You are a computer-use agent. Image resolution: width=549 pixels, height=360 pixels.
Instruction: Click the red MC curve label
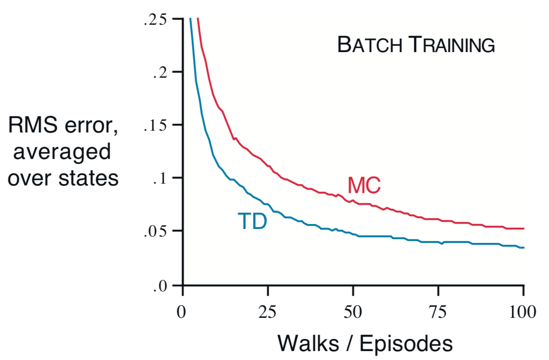[364, 185]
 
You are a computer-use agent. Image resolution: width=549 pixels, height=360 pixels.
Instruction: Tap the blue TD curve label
[252, 221]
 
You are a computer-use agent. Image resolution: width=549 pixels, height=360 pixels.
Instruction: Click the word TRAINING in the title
[452, 45]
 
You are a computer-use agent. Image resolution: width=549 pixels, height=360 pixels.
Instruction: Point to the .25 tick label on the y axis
[155, 20]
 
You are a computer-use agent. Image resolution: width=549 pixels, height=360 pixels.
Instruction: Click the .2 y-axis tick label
[160, 72]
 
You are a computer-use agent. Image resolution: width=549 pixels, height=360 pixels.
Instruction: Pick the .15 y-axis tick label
[155, 126]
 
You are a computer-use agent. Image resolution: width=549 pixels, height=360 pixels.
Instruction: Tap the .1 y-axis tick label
[160, 179]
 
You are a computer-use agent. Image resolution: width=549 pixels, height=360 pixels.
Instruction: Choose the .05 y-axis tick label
[155, 232]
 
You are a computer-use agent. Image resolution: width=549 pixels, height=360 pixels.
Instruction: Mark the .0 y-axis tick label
[160, 285]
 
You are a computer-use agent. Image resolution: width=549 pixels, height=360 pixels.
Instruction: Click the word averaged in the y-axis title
[62, 153]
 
